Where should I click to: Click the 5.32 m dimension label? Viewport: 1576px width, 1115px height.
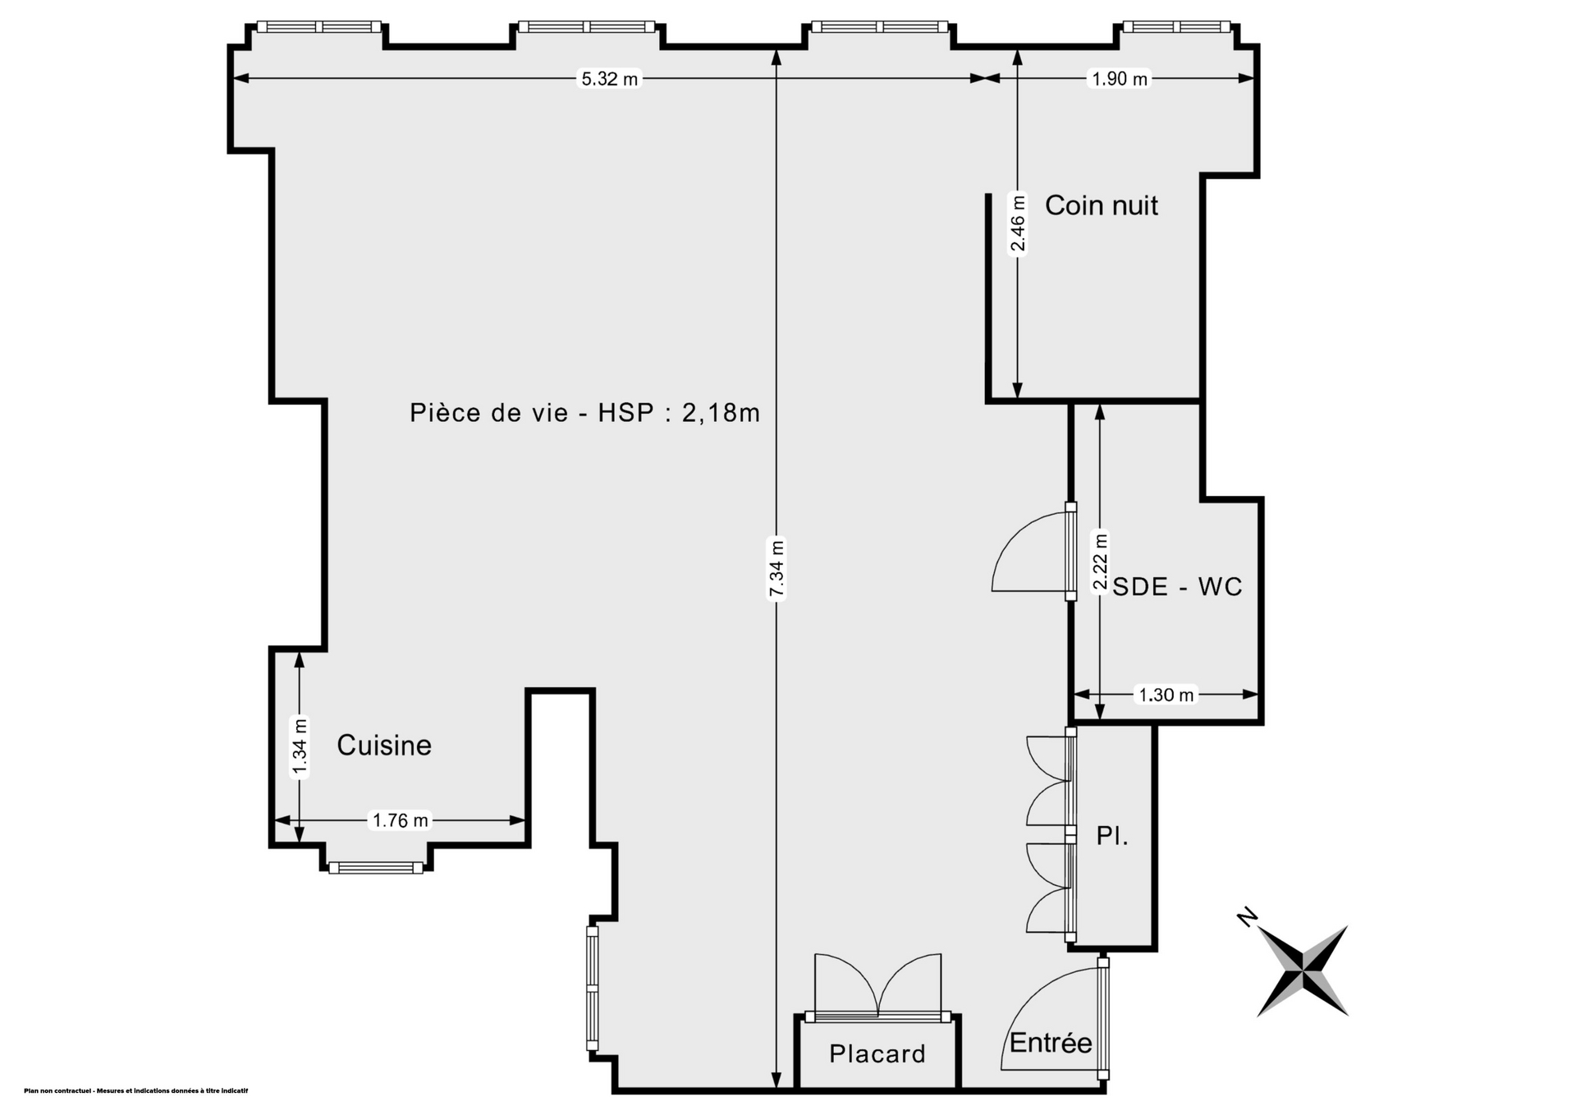coord(609,79)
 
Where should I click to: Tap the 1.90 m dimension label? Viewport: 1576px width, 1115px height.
coord(1120,79)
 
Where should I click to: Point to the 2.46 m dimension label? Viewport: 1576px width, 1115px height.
coord(1018,223)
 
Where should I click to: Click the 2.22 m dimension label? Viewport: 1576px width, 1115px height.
coord(1100,562)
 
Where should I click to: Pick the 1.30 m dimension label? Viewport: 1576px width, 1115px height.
coord(1166,695)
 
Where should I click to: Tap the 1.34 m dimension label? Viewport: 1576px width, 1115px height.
coord(300,746)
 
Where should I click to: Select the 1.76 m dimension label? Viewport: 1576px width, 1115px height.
coord(401,819)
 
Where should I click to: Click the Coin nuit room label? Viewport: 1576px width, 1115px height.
coord(1101,205)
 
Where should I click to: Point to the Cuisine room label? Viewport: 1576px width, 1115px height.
coord(384,745)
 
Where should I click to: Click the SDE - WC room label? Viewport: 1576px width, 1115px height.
coord(1177,586)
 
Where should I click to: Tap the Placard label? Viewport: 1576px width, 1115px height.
coord(877,1053)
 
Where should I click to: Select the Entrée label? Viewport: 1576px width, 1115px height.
coord(1051,1042)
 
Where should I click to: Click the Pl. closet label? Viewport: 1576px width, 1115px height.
coord(1112,836)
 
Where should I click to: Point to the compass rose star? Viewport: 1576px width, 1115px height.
coord(1303,970)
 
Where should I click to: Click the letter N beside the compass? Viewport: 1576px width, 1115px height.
coord(1248,917)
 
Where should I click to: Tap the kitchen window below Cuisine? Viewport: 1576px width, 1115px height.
coord(376,867)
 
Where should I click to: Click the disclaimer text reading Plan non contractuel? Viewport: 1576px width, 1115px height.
coord(136,1091)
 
